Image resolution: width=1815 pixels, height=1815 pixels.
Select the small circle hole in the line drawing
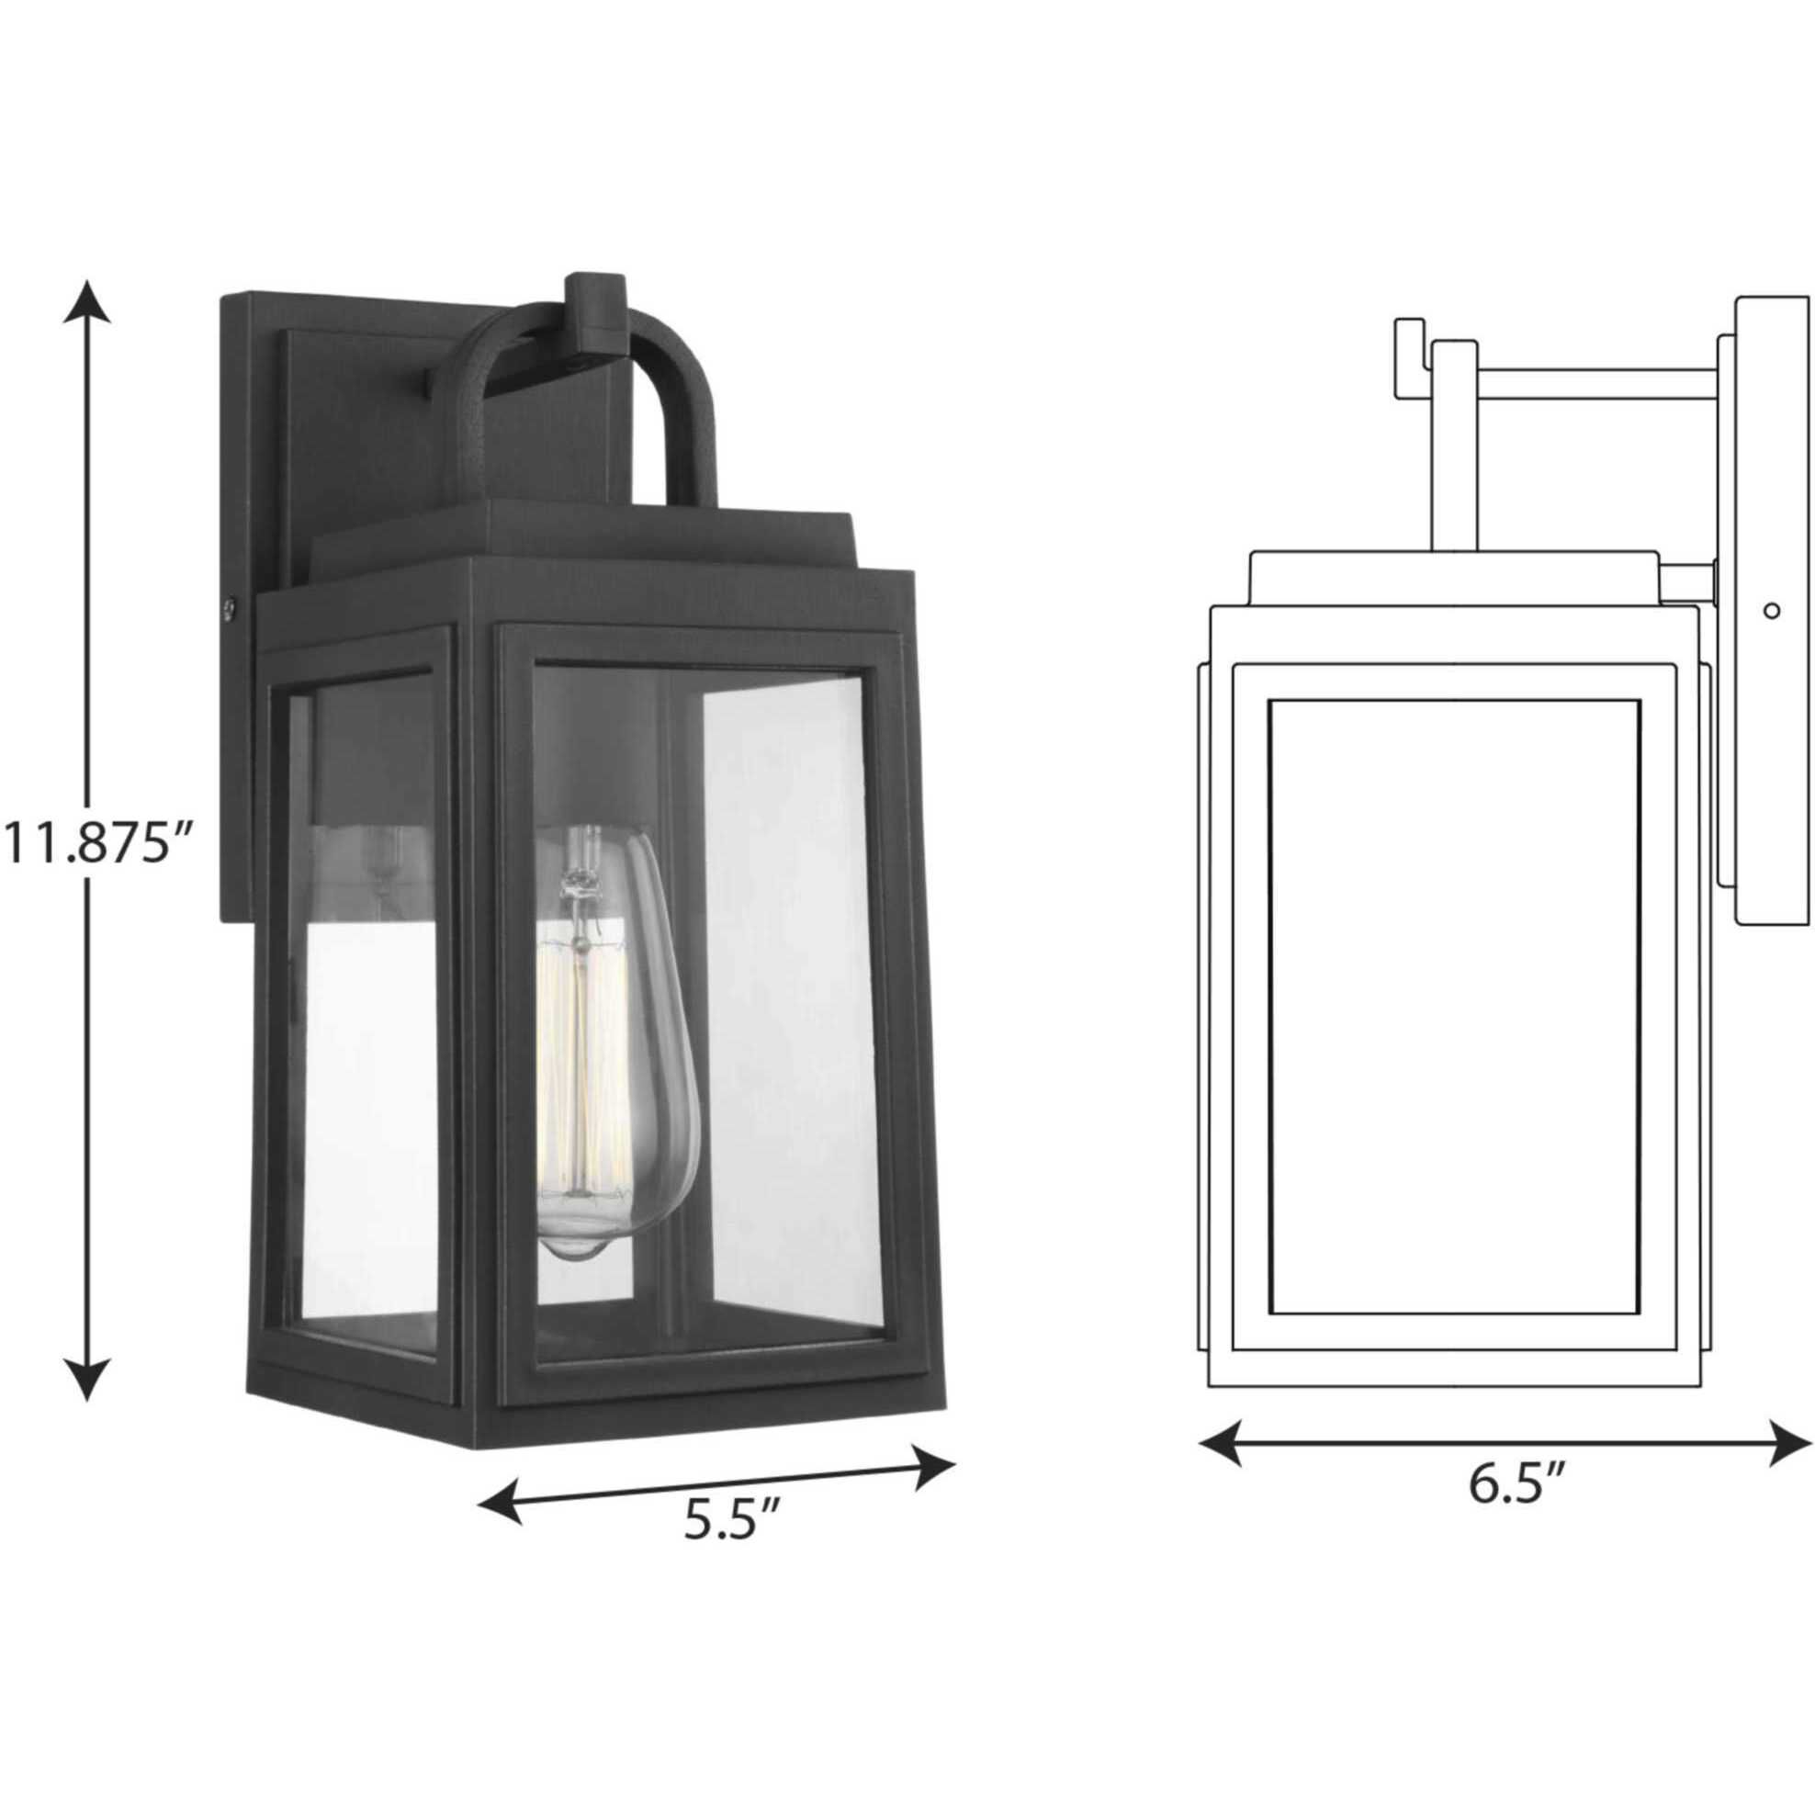pyautogui.click(x=1771, y=611)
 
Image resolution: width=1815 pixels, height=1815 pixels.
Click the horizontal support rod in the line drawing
pyautogui.click(x=1597, y=383)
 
